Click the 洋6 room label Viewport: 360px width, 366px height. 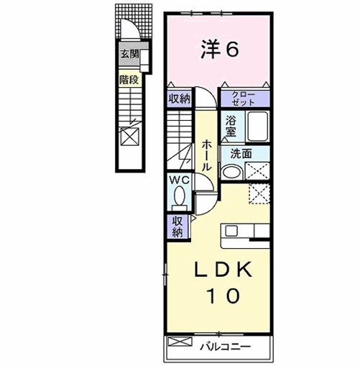pyautogui.click(x=220, y=50)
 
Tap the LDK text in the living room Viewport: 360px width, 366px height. pyautogui.click(x=223, y=269)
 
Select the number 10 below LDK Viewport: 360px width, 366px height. pyautogui.click(x=224, y=296)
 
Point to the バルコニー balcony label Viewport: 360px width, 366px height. pyautogui.click(x=226, y=347)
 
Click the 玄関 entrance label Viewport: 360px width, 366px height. pyautogui.click(x=129, y=54)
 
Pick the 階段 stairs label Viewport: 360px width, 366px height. pyautogui.click(x=129, y=80)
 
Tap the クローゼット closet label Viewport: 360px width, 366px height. pyautogui.click(x=243, y=99)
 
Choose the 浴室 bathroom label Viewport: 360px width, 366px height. pyautogui.click(x=231, y=126)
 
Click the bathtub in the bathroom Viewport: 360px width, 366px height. pyautogui.click(x=258, y=127)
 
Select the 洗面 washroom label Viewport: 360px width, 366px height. pyautogui.click(x=241, y=154)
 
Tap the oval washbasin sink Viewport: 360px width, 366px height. pyautogui.click(x=231, y=172)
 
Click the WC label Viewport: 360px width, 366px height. pyautogui.click(x=180, y=180)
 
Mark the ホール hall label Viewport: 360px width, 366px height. pyautogui.click(x=206, y=156)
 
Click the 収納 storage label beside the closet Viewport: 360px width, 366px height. pyautogui.click(x=179, y=99)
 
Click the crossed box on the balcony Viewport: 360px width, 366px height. pyautogui.click(x=180, y=342)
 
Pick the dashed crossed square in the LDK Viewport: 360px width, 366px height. pyautogui.click(x=259, y=193)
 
